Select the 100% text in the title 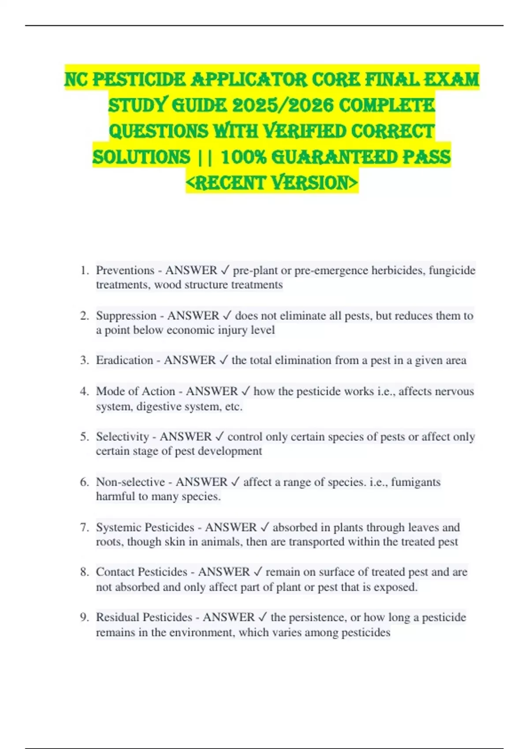pos(243,157)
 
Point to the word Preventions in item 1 pos(125,270)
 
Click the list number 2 pos(85,315)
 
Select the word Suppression pos(126,315)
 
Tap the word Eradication pos(124,360)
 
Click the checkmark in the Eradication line pos(224,360)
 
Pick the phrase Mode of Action pos(135,391)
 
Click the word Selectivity pos(123,437)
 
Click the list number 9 pos(85,617)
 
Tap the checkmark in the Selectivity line pos(219,437)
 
